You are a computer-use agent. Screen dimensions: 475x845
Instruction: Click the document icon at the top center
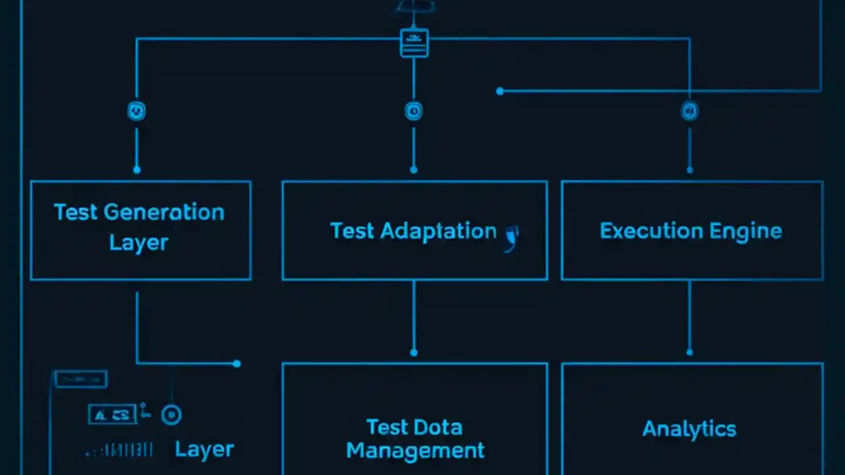(x=414, y=43)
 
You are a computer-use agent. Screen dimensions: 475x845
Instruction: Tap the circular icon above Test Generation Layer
(x=137, y=111)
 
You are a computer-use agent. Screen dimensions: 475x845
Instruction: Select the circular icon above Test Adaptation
(x=413, y=111)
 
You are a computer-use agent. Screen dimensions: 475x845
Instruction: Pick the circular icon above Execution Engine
(x=689, y=111)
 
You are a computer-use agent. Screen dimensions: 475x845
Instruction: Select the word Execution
(x=641, y=231)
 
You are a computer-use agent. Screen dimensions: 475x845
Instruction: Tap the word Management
(x=415, y=451)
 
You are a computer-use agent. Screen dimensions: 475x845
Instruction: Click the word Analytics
(x=689, y=429)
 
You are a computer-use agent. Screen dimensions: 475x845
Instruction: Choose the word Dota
(x=442, y=427)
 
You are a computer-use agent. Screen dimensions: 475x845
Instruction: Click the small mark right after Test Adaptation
(x=512, y=237)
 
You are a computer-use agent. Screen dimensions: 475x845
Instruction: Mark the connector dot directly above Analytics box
(x=690, y=352)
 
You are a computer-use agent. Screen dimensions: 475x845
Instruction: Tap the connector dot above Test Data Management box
(x=414, y=352)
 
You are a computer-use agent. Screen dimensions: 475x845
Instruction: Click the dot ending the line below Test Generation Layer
(x=237, y=364)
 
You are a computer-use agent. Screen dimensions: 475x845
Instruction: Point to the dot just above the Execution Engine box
(x=690, y=170)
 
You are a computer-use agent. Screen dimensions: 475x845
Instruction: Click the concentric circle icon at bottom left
(x=172, y=414)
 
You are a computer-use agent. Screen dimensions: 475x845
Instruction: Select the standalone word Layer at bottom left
(x=204, y=449)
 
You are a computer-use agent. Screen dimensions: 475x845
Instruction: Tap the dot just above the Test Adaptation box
(x=414, y=170)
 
